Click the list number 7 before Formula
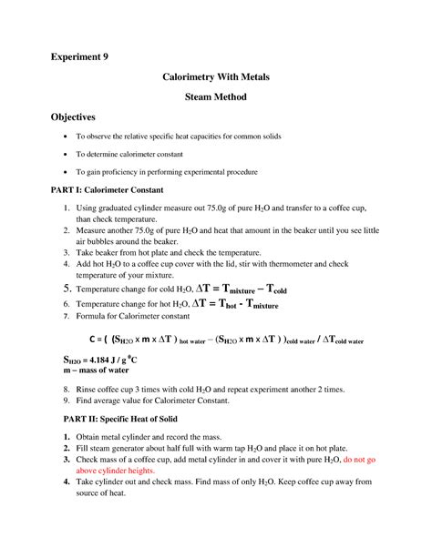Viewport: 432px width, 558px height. point(66,315)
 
